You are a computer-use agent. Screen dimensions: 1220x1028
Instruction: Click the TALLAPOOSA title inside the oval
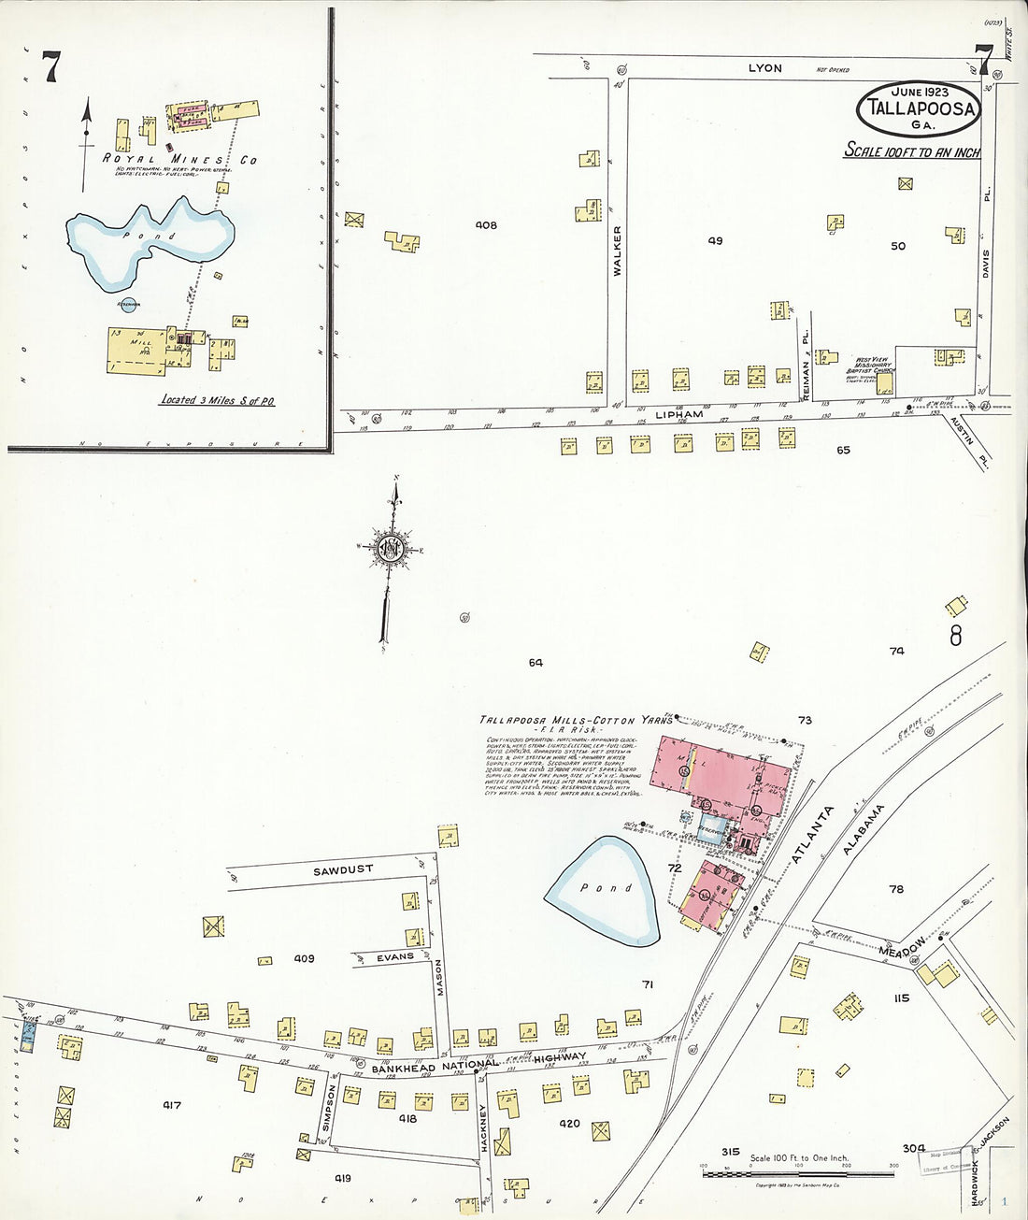pyautogui.click(x=921, y=108)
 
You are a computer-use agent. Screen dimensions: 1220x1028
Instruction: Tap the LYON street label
pyautogui.click(x=764, y=68)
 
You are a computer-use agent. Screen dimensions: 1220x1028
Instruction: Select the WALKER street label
pyautogui.click(x=617, y=250)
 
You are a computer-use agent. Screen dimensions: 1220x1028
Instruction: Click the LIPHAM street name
pyautogui.click(x=678, y=414)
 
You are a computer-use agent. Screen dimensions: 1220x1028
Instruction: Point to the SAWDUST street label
pyautogui.click(x=343, y=870)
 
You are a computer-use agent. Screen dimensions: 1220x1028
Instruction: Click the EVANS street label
pyautogui.click(x=394, y=957)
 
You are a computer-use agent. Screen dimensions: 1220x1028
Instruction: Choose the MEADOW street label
pyautogui.click(x=902, y=946)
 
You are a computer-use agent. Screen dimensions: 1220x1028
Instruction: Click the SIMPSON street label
pyautogui.click(x=327, y=1109)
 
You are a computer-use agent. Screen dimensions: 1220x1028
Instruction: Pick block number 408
pyautogui.click(x=485, y=225)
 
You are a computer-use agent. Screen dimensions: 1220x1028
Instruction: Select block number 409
pyautogui.click(x=304, y=958)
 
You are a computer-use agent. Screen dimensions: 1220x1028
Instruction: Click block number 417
pyautogui.click(x=171, y=1105)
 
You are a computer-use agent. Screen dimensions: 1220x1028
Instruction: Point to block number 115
pyautogui.click(x=900, y=998)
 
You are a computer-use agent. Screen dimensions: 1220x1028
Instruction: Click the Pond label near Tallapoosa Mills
pyautogui.click(x=607, y=888)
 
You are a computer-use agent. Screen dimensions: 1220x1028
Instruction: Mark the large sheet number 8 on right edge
pyautogui.click(x=955, y=636)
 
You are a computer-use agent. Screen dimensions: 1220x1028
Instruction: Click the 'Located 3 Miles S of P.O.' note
pyautogui.click(x=218, y=400)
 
